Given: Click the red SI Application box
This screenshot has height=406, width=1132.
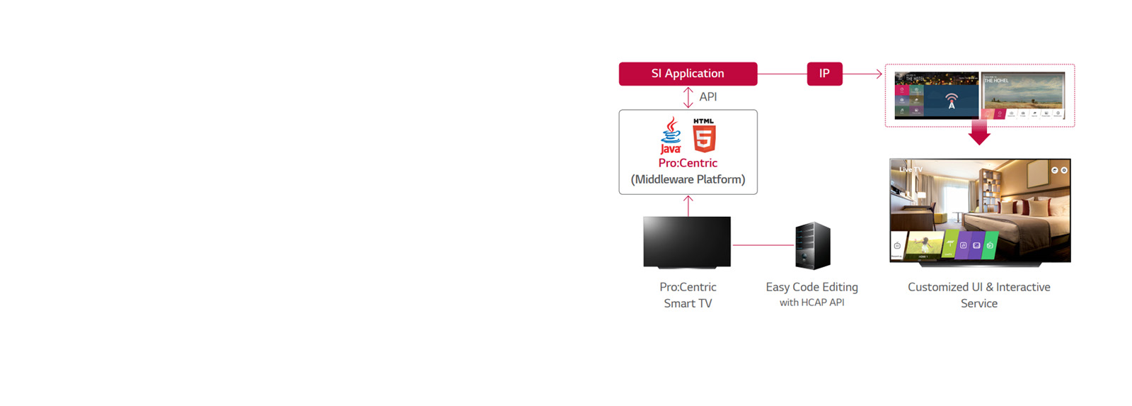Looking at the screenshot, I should tap(688, 74).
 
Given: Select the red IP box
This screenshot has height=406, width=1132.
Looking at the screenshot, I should tap(824, 74).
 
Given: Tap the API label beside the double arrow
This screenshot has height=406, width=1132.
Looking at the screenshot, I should tap(708, 97).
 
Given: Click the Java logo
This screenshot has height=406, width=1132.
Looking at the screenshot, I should tap(671, 135).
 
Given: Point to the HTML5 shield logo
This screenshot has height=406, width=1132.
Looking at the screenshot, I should tap(704, 135).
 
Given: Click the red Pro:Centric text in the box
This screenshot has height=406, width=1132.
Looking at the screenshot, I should tap(688, 163).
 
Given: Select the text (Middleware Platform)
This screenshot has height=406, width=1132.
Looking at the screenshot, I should tap(688, 180).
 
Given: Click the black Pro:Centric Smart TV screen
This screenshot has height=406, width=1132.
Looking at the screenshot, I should tap(687, 242).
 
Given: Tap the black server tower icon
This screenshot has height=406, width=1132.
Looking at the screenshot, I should tap(812, 245).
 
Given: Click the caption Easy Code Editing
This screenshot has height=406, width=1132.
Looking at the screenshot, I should tap(812, 287).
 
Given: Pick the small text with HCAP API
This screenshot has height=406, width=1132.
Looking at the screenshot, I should tap(812, 303).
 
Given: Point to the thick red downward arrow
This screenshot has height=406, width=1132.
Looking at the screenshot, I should tap(979, 132).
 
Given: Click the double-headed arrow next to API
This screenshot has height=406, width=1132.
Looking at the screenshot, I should tap(688, 97).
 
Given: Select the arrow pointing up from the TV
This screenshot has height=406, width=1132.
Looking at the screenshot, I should tap(688, 205).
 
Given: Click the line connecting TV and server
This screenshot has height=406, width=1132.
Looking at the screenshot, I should tap(763, 245).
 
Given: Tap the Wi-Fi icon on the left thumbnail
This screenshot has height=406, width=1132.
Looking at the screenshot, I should tap(952, 100).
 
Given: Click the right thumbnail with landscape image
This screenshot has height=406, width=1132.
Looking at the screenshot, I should tap(1024, 94).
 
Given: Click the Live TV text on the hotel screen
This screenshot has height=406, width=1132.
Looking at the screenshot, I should tap(911, 170).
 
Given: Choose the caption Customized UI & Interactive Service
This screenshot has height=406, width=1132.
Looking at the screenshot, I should tap(979, 295).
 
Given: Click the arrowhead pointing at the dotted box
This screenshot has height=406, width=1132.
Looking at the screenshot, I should tap(879, 74).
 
